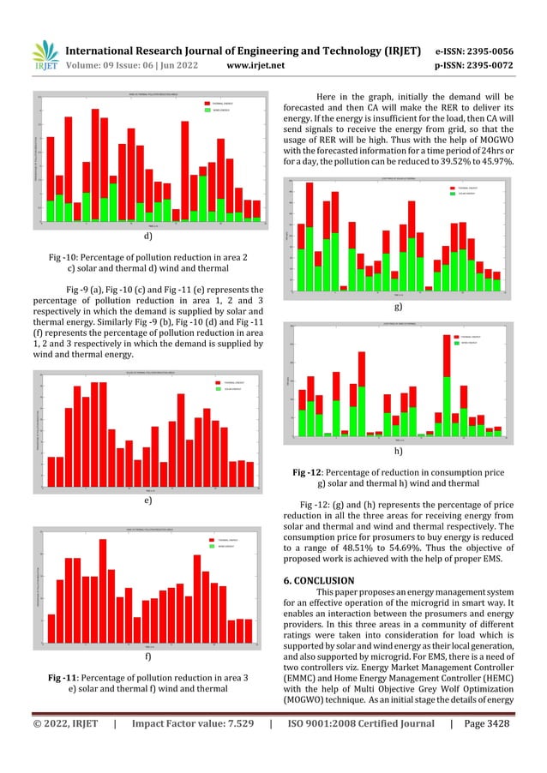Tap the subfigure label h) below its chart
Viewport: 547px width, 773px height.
point(398,450)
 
